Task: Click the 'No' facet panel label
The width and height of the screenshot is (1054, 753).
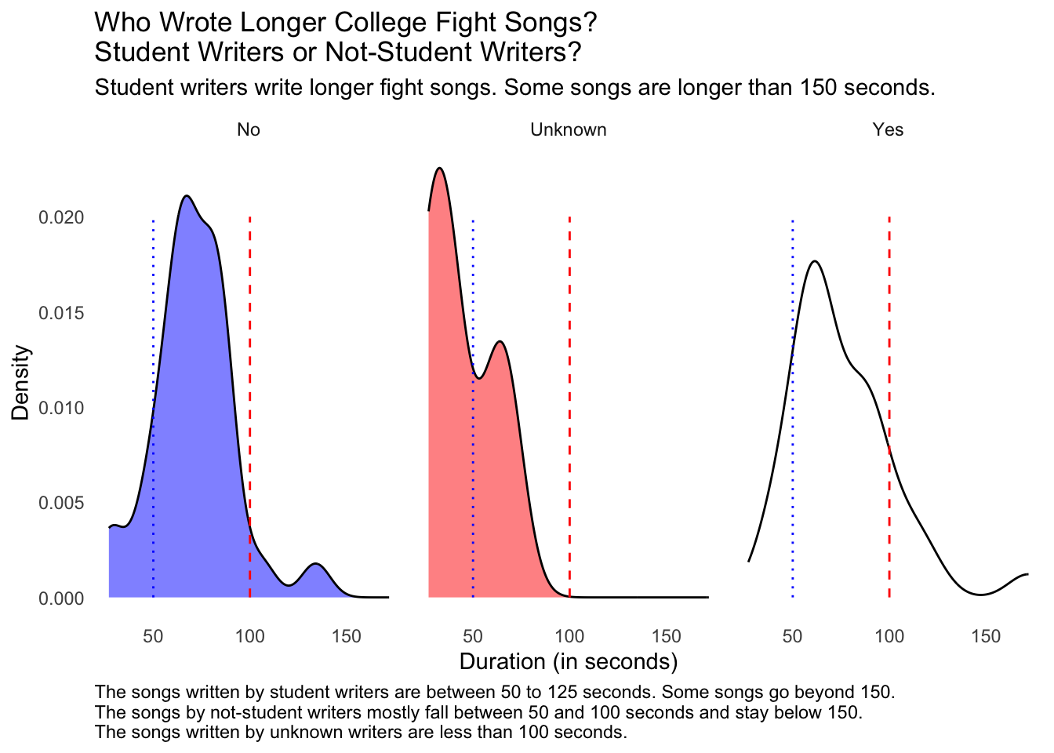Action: point(249,130)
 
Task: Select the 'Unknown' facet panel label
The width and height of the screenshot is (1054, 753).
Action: point(568,130)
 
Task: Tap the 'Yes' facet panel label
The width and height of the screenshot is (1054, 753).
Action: point(888,130)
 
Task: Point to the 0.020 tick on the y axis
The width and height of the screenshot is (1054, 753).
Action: point(62,217)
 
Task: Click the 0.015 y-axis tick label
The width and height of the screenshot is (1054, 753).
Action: point(62,313)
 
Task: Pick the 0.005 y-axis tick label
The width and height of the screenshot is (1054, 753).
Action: point(62,503)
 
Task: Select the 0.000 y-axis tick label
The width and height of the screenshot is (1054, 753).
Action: point(62,598)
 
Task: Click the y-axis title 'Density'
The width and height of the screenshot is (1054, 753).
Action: point(21,383)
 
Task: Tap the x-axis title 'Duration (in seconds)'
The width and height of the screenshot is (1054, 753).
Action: point(568,662)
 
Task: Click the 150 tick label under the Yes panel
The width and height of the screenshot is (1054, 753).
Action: point(986,636)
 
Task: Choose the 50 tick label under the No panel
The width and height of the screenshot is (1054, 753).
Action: point(153,636)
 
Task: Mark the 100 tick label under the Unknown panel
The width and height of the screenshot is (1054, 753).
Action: point(569,636)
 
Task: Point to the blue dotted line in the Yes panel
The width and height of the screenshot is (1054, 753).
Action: point(793,471)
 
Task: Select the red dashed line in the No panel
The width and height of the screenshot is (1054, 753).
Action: point(249,353)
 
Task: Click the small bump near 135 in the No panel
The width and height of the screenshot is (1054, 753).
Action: point(315,565)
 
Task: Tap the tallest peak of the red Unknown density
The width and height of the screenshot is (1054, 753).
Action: point(439,169)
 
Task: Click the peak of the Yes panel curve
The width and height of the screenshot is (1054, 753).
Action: point(816,261)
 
